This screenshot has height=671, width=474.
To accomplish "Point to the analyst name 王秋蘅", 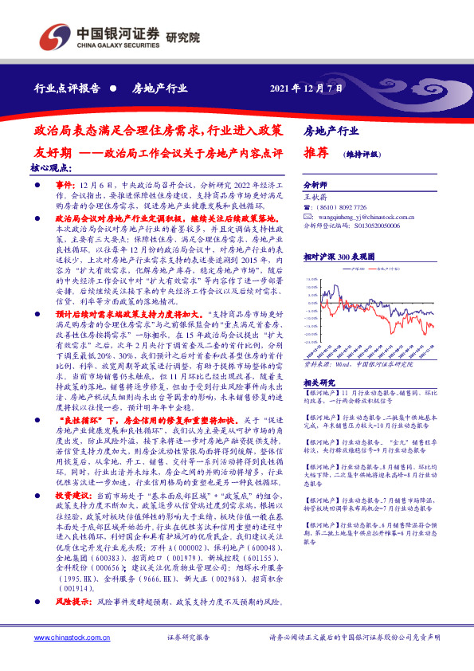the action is click(317, 194).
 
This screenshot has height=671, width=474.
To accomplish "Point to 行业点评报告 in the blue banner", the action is click(67, 88).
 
